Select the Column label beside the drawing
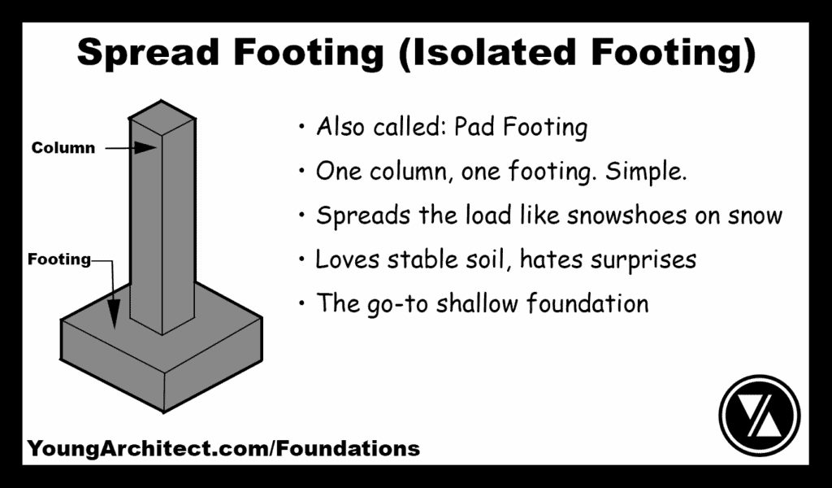tap(63, 148)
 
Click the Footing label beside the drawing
tap(59, 260)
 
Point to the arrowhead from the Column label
tap(147, 148)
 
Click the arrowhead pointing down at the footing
tap(115, 316)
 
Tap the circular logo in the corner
tap(760, 415)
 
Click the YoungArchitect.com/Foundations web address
tap(223, 448)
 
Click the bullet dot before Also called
tap(302, 128)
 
